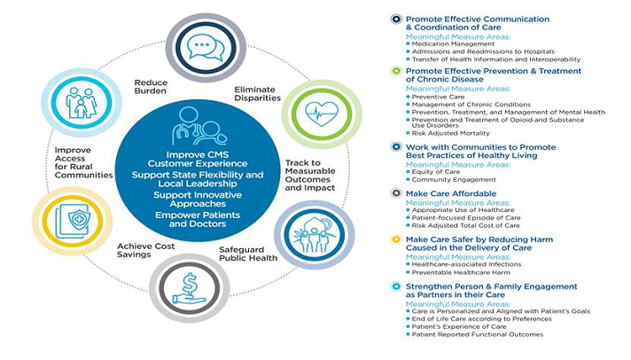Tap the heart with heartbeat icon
(308, 113)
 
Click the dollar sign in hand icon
(189, 288)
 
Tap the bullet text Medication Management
(453, 43)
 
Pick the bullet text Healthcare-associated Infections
(467, 263)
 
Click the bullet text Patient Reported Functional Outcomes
(478, 334)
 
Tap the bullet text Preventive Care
(440, 97)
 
